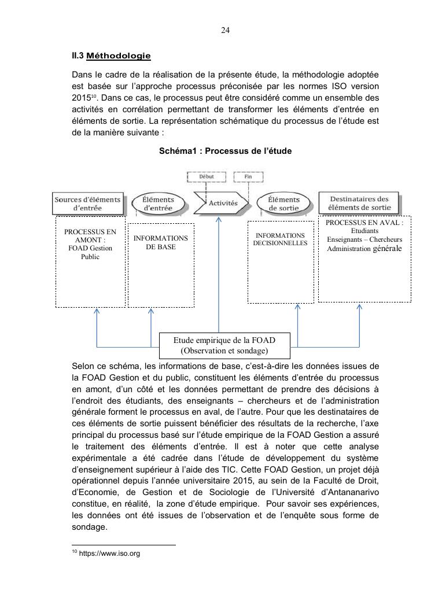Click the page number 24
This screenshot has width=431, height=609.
tap(226, 31)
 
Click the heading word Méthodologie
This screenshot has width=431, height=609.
tap(118, 56)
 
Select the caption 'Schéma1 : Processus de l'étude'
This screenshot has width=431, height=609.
tap(226, 151)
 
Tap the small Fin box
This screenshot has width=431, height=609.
tap(248, 176)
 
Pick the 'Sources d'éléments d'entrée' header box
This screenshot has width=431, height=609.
tap(88, 203)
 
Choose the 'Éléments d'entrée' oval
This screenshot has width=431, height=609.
tap(154, 203)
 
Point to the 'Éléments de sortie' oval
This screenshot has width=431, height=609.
tap(280, 203)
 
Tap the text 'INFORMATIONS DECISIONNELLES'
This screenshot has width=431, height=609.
tap(280, 239)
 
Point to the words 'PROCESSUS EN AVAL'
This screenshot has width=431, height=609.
tap(364, 223)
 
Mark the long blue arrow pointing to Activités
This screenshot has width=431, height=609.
tap(219, 272)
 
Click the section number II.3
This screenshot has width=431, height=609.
tap(77, 56)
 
